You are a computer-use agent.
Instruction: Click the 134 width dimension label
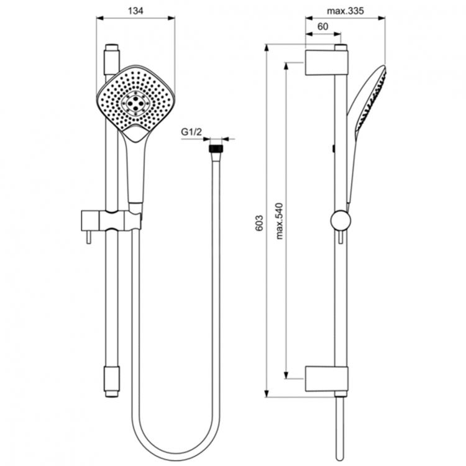click(x=135, y=11)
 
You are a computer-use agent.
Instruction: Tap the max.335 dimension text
click(x=345, y=11)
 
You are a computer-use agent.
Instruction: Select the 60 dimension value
click(x=322, y=27)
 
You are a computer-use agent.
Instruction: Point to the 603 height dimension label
click(x=259, y=223)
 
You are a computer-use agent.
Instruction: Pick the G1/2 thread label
click(x=191, y=132)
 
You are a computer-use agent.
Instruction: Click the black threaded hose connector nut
click(x=216, y=148)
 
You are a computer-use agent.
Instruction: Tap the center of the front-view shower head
click(x=135, y=102)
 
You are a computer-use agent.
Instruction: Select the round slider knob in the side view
click(x=340, y=221)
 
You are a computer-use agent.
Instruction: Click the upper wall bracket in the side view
click(x=326, y=62)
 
